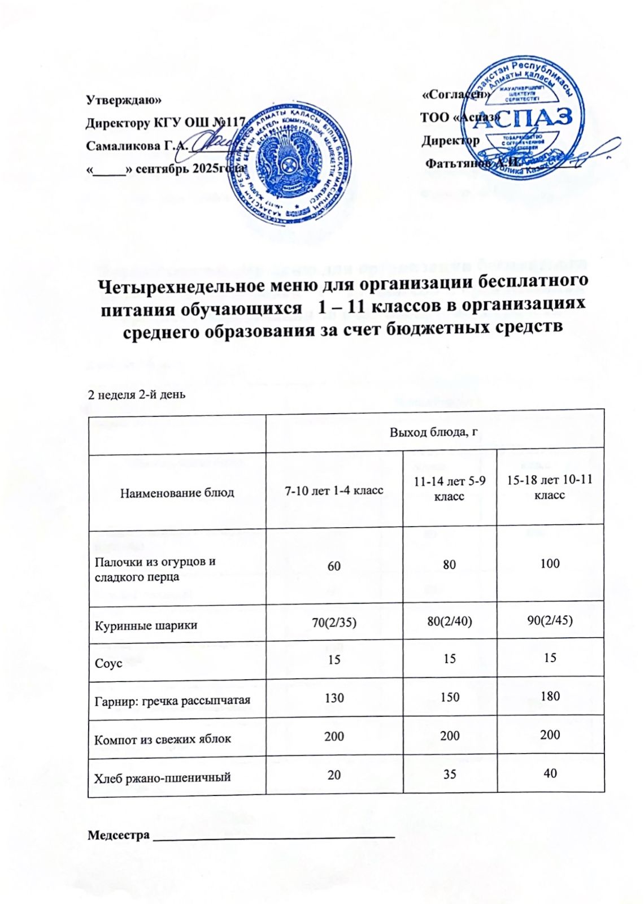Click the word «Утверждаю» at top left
123,100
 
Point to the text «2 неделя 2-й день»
136,394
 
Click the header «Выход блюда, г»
434,433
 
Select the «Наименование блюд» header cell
177,492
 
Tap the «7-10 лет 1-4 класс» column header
334,489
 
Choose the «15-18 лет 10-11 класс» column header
549,487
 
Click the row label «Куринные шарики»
146,625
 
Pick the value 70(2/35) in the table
334,621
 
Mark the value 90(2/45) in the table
550,620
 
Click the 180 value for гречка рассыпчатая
550,696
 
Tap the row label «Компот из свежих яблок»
163,739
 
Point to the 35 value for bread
449,774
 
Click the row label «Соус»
108,663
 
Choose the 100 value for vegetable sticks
550,563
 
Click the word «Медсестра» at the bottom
119,835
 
